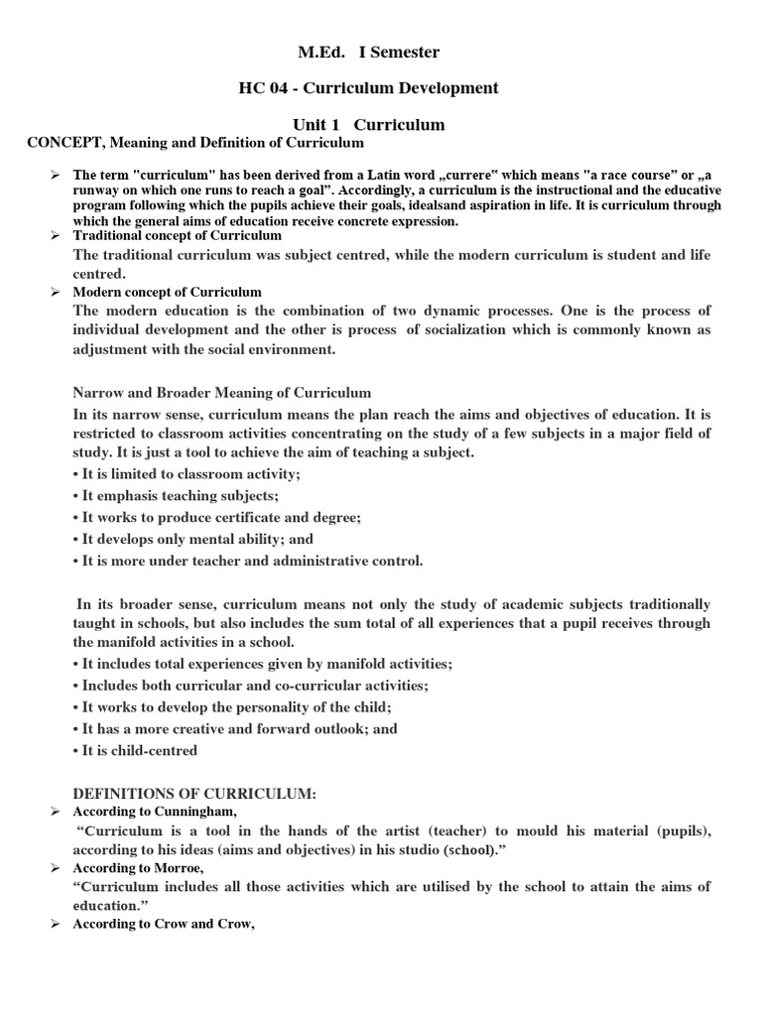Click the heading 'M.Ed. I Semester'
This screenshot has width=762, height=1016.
point(368,52)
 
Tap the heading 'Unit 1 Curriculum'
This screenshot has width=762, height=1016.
point(368,125)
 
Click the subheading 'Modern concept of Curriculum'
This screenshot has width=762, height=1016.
point(168,292)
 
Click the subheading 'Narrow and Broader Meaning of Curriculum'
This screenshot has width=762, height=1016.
point(222,393)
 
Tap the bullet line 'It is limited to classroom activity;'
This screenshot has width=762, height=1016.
point(187,474)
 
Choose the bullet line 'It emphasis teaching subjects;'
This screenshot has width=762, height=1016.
point(176,496)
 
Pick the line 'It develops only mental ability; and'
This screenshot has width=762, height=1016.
point(193,539)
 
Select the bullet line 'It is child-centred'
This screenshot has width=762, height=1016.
point(136,750)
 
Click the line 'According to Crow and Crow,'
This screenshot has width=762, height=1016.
point(158,924)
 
